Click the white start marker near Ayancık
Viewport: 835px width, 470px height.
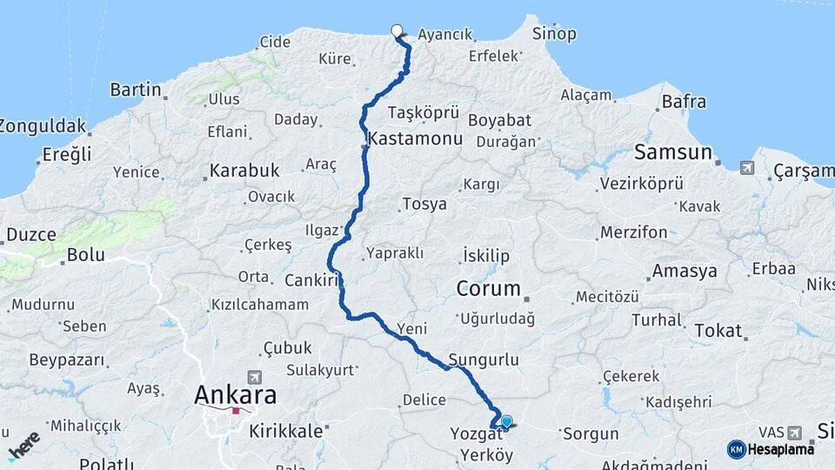point(397,31)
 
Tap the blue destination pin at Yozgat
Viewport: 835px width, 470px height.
point(506,422)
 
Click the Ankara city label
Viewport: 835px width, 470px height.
point(235,395)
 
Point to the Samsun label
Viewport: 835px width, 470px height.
point(673,152)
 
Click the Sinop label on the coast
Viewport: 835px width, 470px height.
point(554,34)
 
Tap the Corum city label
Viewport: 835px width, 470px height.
point(489,288)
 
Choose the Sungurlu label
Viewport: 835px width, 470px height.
point(484,359)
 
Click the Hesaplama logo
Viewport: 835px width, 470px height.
point(771,449)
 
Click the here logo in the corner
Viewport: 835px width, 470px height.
point(23,446)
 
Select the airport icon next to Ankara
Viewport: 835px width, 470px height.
point(254,377)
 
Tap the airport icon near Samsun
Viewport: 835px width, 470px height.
point(747,167)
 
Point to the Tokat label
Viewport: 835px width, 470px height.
point(718,331)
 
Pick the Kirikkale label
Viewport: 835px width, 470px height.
point(287,430)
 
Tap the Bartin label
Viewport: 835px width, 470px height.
point(137,89)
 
